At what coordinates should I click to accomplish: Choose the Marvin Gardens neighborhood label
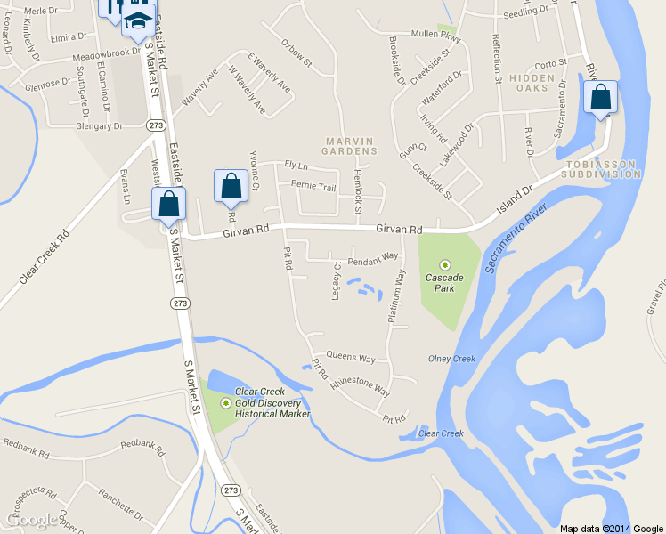(x=352, y=146)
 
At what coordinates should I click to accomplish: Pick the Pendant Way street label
(x=372, y=259)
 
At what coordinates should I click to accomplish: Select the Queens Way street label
(x=351, y=358)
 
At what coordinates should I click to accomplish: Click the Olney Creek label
(x=452, y=359)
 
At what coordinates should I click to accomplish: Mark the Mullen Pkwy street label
(x=435, y=36)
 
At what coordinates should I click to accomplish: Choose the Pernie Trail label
(x=316, y=187)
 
